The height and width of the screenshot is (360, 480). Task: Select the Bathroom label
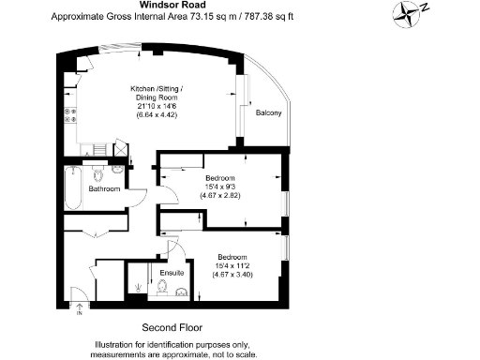coord(104,189)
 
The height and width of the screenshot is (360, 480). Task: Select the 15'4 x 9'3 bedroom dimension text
coord(226,187)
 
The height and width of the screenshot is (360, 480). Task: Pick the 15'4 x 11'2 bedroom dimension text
coord(232,266)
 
